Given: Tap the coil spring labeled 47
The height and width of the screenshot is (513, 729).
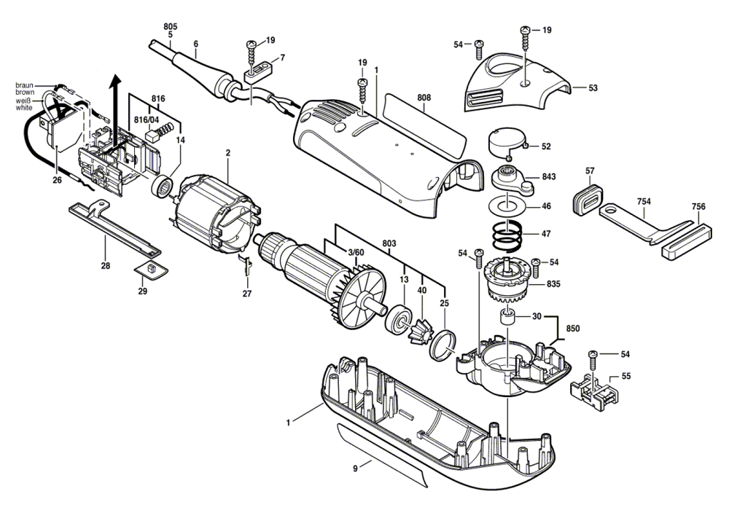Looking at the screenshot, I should click(507, 235).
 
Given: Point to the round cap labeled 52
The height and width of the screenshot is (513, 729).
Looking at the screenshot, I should click(504, 141).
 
